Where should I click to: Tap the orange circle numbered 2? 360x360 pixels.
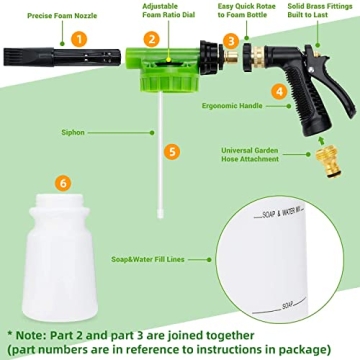150,40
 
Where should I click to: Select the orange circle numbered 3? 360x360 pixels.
230,40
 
